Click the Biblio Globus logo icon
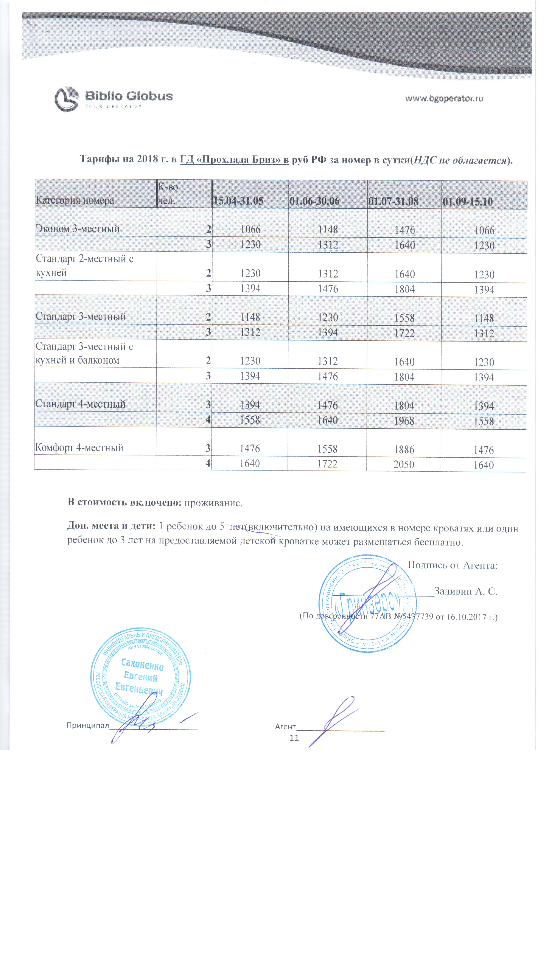coord(67,99)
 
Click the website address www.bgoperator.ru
coord(444,99)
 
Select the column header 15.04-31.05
coord(238,201)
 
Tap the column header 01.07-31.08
coord(393,201)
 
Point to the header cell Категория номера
coord(75,200)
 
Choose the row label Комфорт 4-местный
coord(79,448)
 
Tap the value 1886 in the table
coord(404,449)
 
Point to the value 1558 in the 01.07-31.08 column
coord(404,318)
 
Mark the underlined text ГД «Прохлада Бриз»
coord(234,160)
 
